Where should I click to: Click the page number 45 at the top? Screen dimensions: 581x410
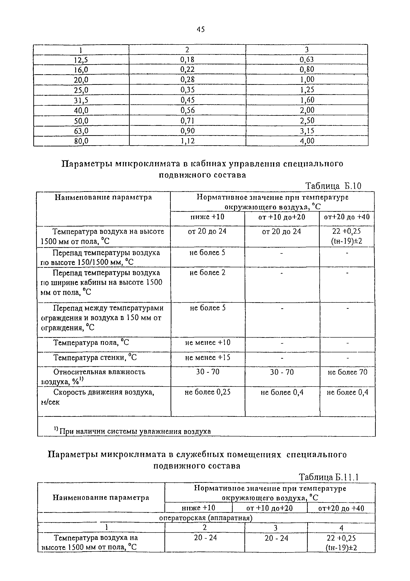pyautogui.click(x=201, y=30)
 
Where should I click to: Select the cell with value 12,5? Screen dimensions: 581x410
pyautogui.click(x=81, y=60)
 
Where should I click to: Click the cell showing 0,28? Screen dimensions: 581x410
pyautogui.click(x=187, y=80)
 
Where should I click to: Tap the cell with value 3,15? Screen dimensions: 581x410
pyautogui.click(x=307, y=131)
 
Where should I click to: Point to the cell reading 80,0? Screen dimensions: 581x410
pyautogui.click(x=81, y=141)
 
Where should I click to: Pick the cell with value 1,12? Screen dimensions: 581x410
pyautogui.click(x=187, y=141)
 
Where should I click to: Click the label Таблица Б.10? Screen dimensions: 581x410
pyautogui.click(x=333, y=186)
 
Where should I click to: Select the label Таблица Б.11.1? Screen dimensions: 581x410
pyautogui.click(x=329, y=477)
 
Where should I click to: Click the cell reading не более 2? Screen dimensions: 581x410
pyautogui.click(x=207, y=272)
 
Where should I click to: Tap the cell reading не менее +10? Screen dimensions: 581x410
pyautogui.click(x=208, y=343)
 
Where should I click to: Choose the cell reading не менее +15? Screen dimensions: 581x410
pyautogui.click(x=208, y=358)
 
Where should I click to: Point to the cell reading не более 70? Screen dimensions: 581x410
pyautogui.click(x=347, y=372)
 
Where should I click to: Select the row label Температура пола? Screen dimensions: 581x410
pyautogui.click(x=91, y=343)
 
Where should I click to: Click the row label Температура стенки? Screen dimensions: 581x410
pyautogui.click(x=95, y=358)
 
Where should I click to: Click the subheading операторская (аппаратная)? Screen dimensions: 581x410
pyautogui.click(x=206, y=518)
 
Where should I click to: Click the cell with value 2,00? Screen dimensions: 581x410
pyautogui.click(x=307, y=110)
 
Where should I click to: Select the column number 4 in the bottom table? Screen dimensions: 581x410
pyautogui.click(x=341, y=528)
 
